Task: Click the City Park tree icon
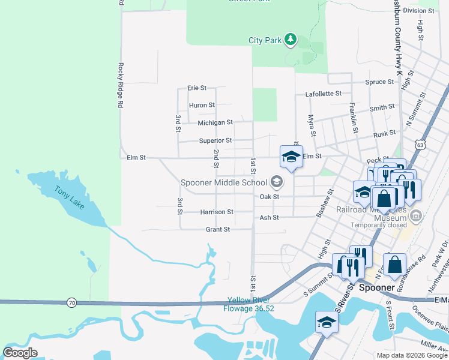[291, 40]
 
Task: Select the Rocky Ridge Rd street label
[121, 85]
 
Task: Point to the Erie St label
[196, 88]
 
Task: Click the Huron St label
[202, 105]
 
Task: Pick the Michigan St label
[215, 122]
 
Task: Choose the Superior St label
[215, 141]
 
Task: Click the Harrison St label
[217, 212]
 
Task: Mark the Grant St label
[218, 229]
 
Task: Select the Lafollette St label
[323, 94]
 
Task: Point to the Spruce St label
[379, 82]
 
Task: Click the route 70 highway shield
[71, 304]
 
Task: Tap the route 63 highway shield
[420, 144]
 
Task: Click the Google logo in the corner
[20, 353]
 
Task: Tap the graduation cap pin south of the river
[327, 322]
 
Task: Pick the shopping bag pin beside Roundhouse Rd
[394, 265]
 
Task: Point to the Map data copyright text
[411, 355]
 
